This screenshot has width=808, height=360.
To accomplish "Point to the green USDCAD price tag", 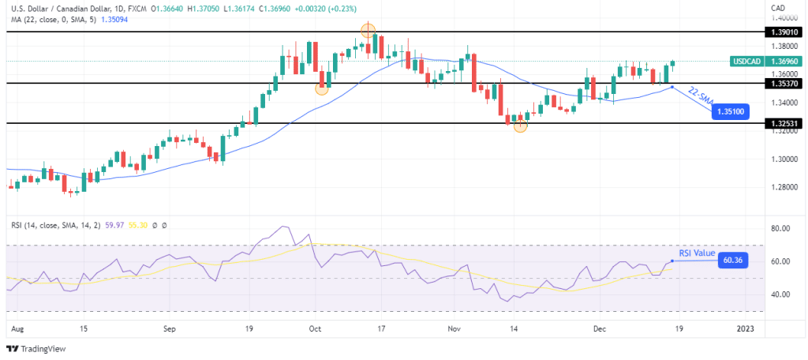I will pos(746,60).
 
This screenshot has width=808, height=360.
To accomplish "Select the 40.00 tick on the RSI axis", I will pos(780,294).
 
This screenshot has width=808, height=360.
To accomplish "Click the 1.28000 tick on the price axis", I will pos(780,187).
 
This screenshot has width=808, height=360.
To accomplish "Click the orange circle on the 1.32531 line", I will pos(520,125).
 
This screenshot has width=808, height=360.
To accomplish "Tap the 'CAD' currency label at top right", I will pos(777,8).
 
